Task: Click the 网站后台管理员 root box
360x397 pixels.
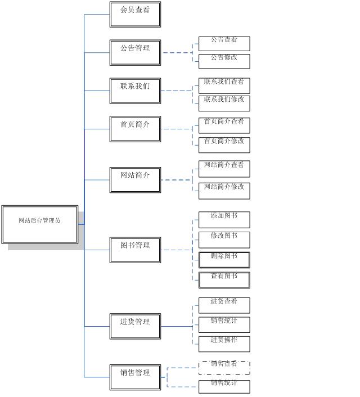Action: pyautogui.click(x=39, y=224)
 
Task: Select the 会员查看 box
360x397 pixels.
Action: pyautogui.click(x=135, y=14)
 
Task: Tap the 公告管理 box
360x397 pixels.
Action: pyautogui.click(x=135, y=52)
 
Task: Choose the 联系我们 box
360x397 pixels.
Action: pyautogui.click(x=135, y=91)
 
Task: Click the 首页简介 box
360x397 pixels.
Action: pyautogui.click(x=135, y=129)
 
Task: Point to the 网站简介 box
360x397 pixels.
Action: pyautogui.click(x=135, y=179)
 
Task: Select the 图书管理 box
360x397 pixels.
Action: pyautogui.click(x=135, y=250)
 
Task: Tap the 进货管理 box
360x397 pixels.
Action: pyautogui.click(x=135, y=326)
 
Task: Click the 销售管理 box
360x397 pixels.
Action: pyautogui.click(x=135, y=377)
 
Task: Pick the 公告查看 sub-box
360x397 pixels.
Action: pyautogui.click(x=224, y=43)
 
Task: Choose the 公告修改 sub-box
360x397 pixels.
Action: pyautogui.click(x=224, y=61)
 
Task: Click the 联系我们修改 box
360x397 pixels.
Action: pyautogui.click(x=224, y=103)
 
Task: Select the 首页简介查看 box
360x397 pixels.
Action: pyautogui.click(x=224, y=125)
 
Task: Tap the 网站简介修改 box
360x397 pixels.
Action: pyautogui.click(x=224, y=190)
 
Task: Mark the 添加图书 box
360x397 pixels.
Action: pyautogui.click(x=224, y=219)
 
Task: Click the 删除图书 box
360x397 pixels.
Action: pyautogui.click(x=224, y=260)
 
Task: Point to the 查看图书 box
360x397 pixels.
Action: pyautogui.click(x=224, y=279)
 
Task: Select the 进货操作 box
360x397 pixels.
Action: pyautogui.click(x=224, y=344)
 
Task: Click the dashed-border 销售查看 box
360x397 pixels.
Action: pyautogui.click(x=224, y=368)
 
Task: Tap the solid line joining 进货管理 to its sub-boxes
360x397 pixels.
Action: pyautogui.click(x=177, y=326)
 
